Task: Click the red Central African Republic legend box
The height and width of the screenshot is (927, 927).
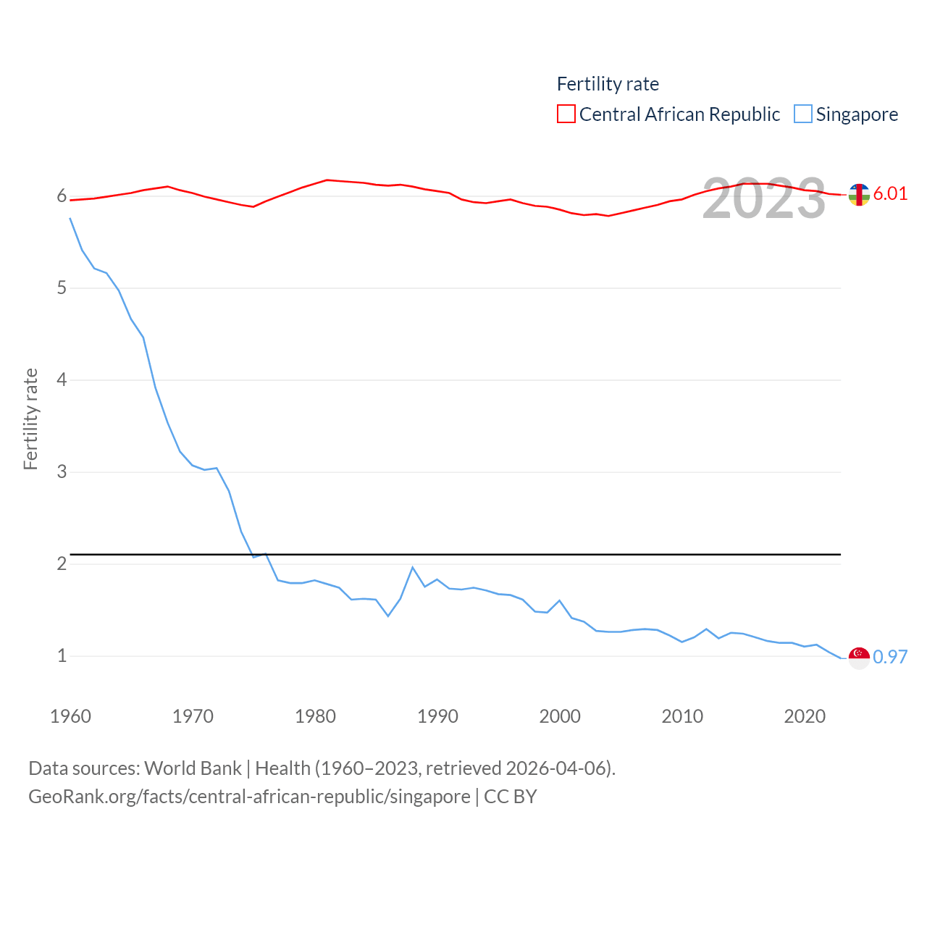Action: tap(566, 114)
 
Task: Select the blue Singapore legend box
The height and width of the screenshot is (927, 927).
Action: tap(803, 114)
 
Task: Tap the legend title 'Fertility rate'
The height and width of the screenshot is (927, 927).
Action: tap(608, 84)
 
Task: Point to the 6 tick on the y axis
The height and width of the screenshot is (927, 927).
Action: tap(62, 196)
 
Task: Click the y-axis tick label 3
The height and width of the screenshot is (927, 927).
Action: tap(62, 472)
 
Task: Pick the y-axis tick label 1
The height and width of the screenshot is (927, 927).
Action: tap(62, 656)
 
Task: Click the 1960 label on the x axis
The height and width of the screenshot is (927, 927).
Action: tap(70, 716)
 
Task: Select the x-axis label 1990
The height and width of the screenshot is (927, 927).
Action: tap(437, 716)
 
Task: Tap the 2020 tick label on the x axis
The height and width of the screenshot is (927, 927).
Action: tap(805, 716)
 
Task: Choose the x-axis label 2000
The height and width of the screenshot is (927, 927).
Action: tap(560, 716)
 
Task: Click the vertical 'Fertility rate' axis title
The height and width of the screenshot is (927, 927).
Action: tap(30, 419)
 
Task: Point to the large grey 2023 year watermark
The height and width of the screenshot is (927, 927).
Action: tap(764, 198)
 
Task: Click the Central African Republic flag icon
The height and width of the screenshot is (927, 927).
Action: tap(859, 195)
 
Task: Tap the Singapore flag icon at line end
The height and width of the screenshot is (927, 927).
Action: tap(859, 658)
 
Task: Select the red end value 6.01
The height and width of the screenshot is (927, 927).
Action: tap(890, 193)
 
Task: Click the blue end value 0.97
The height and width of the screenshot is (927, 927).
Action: tap(890, 657)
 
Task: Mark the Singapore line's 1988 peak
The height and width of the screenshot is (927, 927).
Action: tap(413, 567)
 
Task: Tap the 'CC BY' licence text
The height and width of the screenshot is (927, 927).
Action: tap(511, 797)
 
